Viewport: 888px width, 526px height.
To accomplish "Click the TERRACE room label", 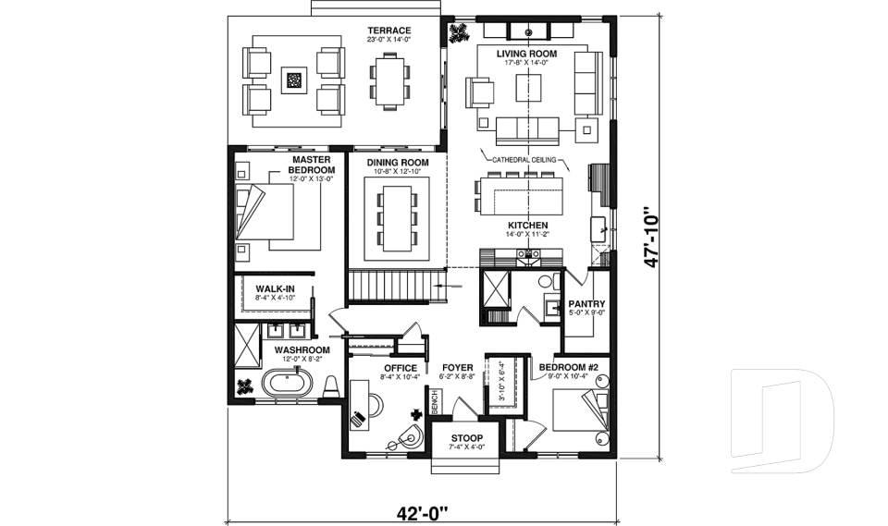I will click(388, 31).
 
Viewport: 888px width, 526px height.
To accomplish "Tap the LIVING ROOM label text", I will click(531, 55).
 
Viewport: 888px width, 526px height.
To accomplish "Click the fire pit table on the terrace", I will click(293, 80).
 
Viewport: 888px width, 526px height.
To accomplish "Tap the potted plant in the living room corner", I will click(458, 34).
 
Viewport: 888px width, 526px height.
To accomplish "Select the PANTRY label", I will click(586, 303).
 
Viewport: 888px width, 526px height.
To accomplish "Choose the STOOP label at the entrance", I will click(466, 437).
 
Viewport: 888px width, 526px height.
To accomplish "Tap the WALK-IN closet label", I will click(275, 289).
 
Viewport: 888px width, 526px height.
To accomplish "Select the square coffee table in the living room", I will click(531, 88).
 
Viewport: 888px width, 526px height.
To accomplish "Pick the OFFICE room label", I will click(400, 368).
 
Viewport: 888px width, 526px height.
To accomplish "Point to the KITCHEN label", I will click(527, 226).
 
